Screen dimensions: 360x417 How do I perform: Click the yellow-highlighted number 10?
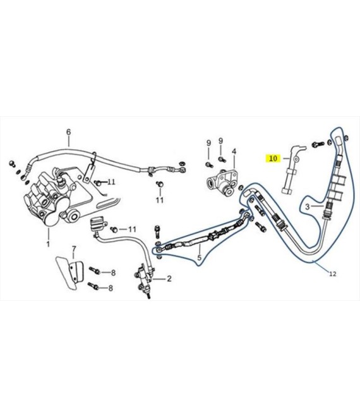point(273,159)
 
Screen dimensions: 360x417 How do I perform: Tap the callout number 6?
point(69,132)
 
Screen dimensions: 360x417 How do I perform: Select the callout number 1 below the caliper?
point(48,244)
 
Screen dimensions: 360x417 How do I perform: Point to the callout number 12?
point(333,274)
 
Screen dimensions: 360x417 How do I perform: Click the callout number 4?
point(234,152)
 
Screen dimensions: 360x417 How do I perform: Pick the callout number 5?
point(200,257)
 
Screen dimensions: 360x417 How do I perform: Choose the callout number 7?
point(74,249)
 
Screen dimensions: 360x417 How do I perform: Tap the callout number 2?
point(169,279)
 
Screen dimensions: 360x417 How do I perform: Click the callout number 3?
point(307,207)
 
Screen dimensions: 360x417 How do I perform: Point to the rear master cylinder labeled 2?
point(145,281)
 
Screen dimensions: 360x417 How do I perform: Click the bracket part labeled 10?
point(292,170)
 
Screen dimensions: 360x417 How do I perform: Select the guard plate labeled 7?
point(69,272)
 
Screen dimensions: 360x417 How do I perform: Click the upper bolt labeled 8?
point(94,270)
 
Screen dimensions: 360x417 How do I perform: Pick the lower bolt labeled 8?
point(93,286)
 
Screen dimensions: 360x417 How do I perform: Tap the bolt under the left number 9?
point(209,165)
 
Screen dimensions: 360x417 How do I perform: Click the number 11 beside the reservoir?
point(132,229)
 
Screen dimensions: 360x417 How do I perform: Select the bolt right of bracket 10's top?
point(318,145)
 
